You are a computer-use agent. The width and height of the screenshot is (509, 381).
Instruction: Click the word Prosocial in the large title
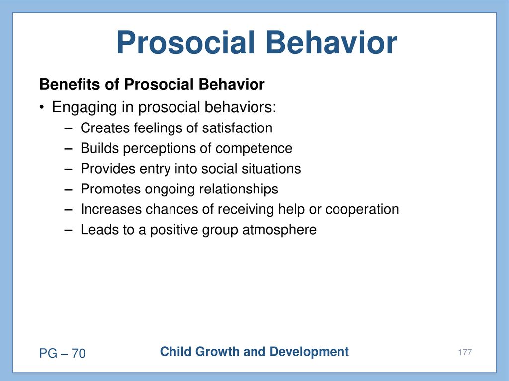click(x=185, y=43)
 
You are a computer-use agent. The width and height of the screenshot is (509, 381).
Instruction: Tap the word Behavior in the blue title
click(x=332, y=43)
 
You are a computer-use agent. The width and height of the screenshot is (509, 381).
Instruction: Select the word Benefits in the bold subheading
click(x=70, y=84)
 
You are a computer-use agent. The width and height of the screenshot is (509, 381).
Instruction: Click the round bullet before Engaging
click(x=41, y=107)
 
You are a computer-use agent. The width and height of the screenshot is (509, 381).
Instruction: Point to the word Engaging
click(x=85, y=107)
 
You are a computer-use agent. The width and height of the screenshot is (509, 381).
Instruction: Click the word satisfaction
click(x=237, y=128)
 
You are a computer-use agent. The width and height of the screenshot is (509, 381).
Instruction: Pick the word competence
click(x=254, y=149)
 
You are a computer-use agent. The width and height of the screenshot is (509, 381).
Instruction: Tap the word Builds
click(x=99, y=148)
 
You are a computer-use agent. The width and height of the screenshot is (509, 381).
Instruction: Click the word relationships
click(x=239, y=189)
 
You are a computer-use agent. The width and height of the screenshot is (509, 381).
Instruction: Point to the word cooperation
click(x=362, y=210)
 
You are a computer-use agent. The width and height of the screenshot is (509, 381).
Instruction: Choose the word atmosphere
click(x=279, y=230)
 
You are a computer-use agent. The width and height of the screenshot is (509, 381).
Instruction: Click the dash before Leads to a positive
click(x=68, y=230)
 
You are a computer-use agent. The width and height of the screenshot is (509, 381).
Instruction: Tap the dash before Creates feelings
click(x=68, y=128)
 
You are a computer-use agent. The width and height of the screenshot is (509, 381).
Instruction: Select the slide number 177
click(x=465, y=352)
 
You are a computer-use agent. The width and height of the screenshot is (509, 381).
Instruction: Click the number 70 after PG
click(x=78, y=353)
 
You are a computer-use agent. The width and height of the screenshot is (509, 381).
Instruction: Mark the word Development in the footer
click(x=309, y=352)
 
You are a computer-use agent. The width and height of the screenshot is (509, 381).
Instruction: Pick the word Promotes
click(x=110, y=189)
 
